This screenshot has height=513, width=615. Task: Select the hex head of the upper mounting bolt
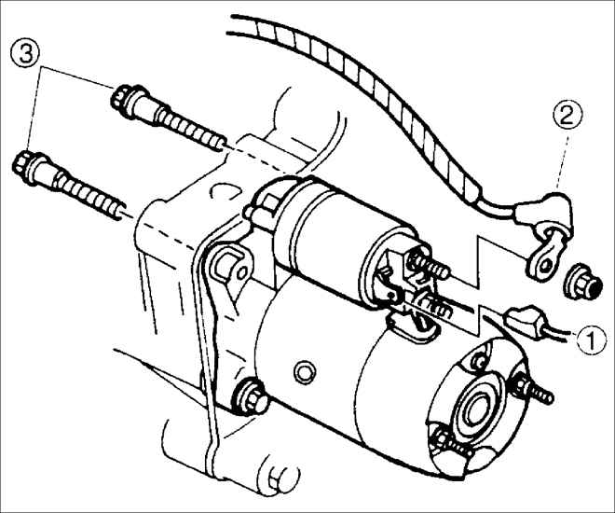click(x=121, y=99)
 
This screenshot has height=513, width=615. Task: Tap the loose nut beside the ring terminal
click(x=580, y=281)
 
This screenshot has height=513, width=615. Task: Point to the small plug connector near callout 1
click(x=524, y=320)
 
